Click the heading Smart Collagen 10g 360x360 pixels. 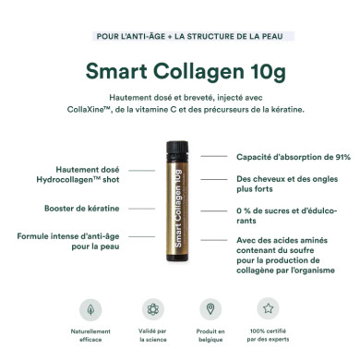pyautogui.click(x=180, y=70)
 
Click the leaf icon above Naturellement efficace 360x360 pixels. pyautogui.click(x=90, y=308)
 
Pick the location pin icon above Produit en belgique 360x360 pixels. pyautogui.click(x=210, y=308)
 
